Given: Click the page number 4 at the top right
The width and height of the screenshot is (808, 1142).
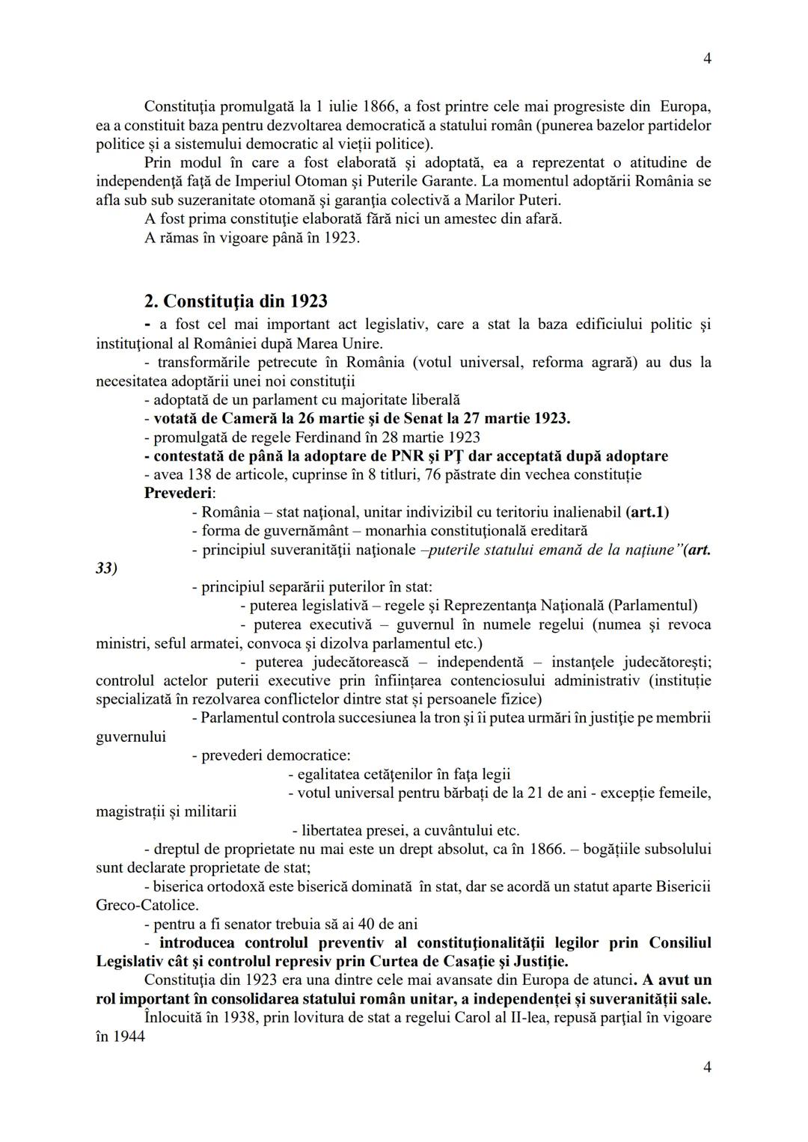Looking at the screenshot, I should click(707, 59).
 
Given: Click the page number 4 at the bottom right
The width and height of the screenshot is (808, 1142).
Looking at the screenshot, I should click(707, 1067).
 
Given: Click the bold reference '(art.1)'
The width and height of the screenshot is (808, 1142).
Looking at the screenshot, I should click(646, 512).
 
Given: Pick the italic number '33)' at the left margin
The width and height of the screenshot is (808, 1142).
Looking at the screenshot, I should click(107, 568).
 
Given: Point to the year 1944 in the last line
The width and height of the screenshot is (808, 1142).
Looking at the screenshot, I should click(128, 1036).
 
